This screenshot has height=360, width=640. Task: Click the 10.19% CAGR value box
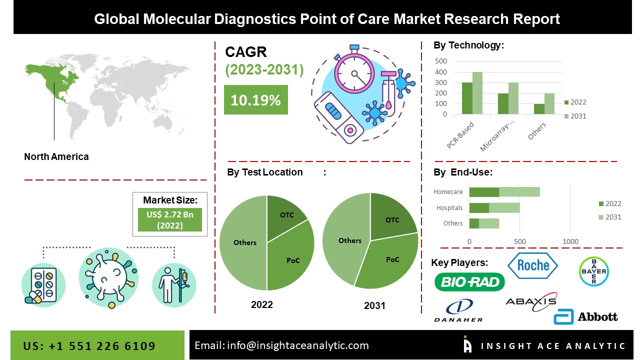(255, 100)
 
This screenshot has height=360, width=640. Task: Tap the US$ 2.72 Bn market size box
(170, 220)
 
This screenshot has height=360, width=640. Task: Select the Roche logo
(532, 265)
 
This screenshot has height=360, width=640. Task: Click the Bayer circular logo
(593, 271)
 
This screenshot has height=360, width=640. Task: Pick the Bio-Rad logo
(469, 282)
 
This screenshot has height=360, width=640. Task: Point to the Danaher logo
(458, 310)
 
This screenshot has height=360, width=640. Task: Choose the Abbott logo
(585, 316)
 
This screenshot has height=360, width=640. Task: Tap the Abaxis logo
(531, 301)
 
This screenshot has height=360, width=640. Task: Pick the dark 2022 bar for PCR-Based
(467, 98)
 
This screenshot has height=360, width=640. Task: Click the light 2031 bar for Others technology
(549, 104)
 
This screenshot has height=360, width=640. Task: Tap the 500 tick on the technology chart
(441, 61)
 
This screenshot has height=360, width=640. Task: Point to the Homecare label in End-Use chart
(448, 191)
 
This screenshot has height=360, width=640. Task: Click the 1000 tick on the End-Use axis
(570, 241)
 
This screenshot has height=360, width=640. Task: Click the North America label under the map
(56, 156)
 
